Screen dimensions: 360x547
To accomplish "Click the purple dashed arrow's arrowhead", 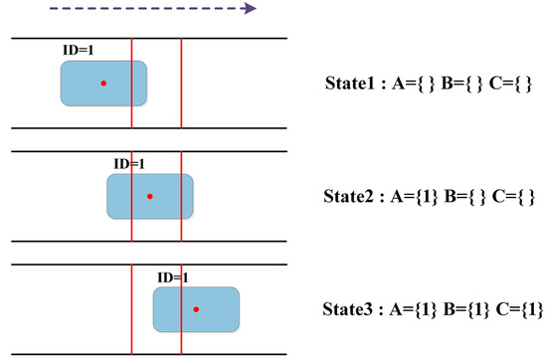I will [250, 8].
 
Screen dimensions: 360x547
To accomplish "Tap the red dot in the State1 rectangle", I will [103, 84].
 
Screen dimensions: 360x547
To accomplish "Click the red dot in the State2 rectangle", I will [150, 196].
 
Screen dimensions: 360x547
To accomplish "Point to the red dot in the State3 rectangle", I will [196, 310].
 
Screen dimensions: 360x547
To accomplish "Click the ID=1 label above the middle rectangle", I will [129, 163].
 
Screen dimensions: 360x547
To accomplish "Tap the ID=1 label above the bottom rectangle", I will [174, 277].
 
